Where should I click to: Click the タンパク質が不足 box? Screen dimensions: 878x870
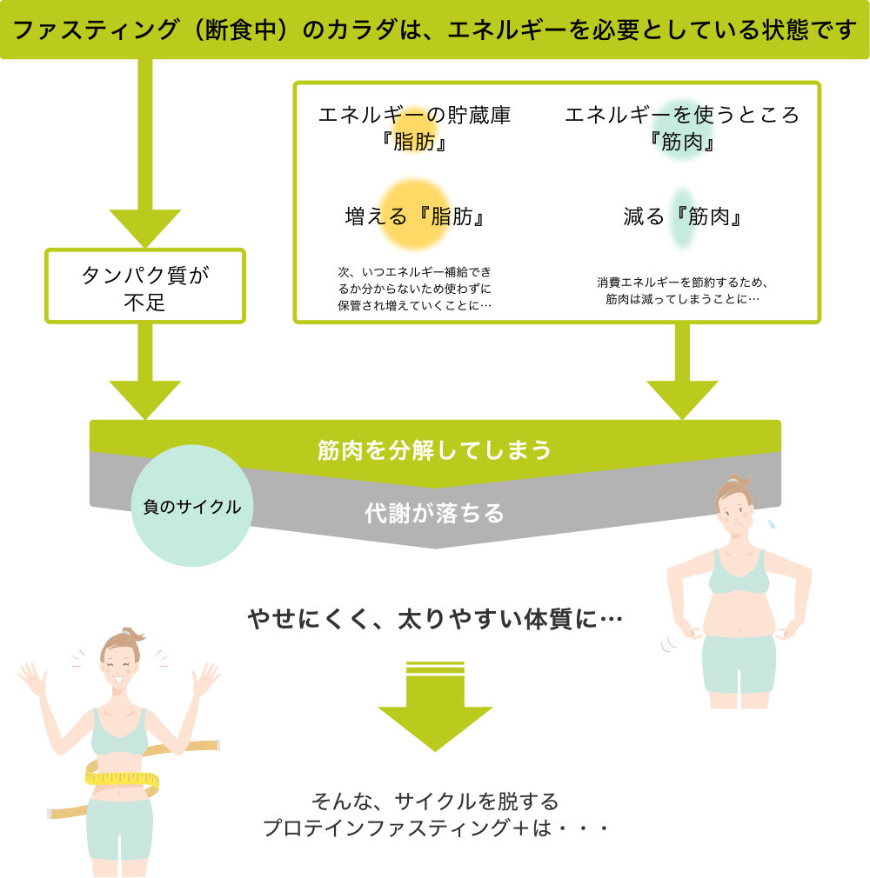click(146, 288)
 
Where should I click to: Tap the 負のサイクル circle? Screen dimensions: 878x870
click(192, 507)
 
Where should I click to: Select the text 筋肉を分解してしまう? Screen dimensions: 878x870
click(435, 449)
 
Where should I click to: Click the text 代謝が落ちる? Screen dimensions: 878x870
click(435, 513)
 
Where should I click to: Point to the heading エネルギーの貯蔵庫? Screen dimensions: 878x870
click(414, 116)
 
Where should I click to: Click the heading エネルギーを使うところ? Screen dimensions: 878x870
click(682, 116)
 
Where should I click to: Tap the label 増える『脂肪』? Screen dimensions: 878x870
click(414, 216)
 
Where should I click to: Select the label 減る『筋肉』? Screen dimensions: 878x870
click(682, 216)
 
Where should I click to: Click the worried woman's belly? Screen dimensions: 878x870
click(739, 613)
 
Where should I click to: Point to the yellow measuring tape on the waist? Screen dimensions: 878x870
click(122, 776)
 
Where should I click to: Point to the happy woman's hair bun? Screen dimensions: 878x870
click(130, 632)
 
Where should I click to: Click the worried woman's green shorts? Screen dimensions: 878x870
click(739, 664)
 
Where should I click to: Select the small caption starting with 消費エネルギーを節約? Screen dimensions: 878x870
click(682, 291)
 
